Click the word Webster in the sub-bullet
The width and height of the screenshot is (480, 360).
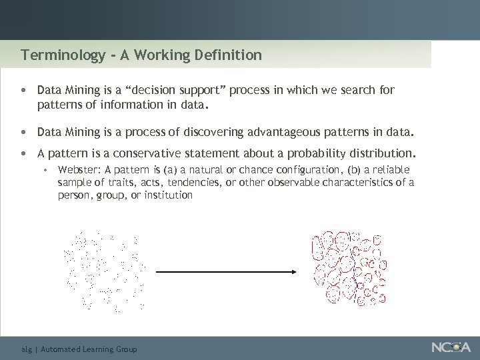[77, 170]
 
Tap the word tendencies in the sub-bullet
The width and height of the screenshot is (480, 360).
[193, 183]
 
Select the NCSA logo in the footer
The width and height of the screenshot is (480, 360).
[451, 347]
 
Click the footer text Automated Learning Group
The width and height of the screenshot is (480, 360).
[89, 349]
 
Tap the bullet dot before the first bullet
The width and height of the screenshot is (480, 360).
[24, 90]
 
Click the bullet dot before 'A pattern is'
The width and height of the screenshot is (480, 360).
[24, 153]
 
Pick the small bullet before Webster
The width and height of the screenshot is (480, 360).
[45, 170]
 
